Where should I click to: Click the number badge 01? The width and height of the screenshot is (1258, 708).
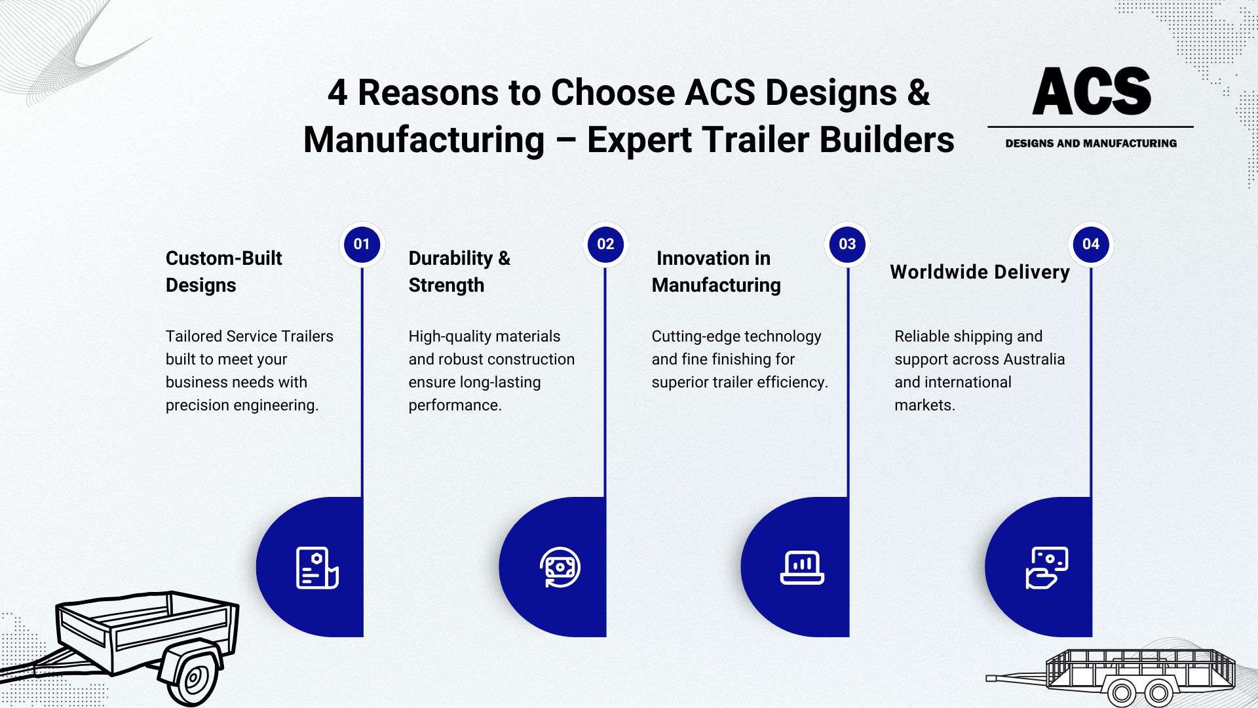[x=362, y=245]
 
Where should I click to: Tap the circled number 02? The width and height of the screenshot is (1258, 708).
[x=605, y=245]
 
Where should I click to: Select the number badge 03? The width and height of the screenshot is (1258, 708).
[x=847, y=245]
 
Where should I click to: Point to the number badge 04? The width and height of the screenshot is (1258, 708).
[x=1091, y=245]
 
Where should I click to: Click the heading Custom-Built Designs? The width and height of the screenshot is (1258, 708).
[x=223, y=271]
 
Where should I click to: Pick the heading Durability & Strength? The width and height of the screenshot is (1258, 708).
[x=459, y=271]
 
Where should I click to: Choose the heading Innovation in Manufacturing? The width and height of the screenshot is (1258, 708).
[x=716, y=271]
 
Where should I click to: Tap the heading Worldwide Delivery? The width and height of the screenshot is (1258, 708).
[x=980, y=271]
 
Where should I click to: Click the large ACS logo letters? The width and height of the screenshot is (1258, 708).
[x=1092, y=91]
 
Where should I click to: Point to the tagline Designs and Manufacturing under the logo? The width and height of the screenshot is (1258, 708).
[x=1091, y=143]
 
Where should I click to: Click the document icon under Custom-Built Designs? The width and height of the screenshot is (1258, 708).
[x=317, y=567]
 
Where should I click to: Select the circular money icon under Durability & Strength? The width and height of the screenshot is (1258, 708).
[x=560, y=567]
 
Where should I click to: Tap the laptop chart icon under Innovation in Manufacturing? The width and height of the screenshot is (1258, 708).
[x=802, y=567]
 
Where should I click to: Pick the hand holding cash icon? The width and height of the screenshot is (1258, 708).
[x=1047, y=568]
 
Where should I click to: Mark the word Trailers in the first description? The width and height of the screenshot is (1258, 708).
[x=307, y=336]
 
